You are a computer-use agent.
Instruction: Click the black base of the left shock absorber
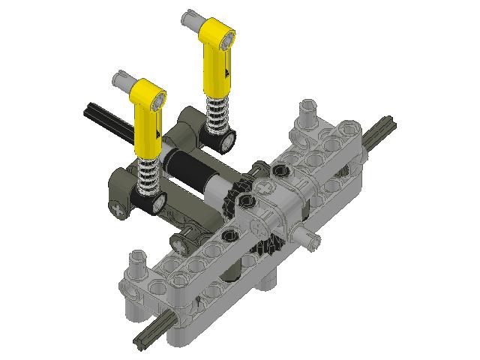(x=151, y=199)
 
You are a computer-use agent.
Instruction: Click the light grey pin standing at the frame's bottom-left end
(x=138, y=265)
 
